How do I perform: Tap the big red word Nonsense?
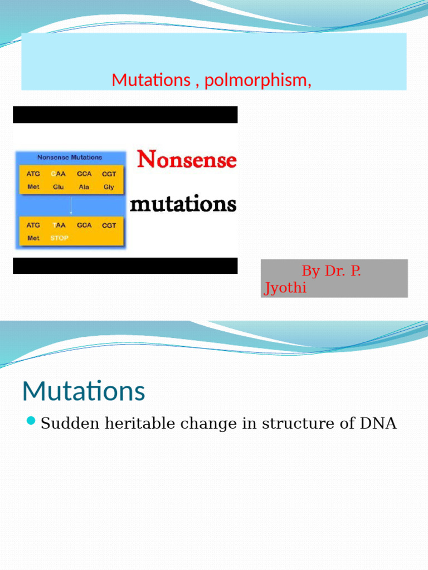[x=187, y=160]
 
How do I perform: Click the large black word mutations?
[x=183, y=204]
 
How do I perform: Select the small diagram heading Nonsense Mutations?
[x=70, y=158]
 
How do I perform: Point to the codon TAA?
[x=59, y=225]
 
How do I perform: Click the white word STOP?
[x=59, y=238]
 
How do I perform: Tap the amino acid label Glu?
[x=59, y=187]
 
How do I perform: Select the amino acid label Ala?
[x=84, y=187]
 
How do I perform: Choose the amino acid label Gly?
[x=109, y=187]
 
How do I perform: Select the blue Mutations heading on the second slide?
[x=84, y=391]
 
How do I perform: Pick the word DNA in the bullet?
[x=378, y=424]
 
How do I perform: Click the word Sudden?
[x=63, y=424]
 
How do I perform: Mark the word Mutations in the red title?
[x=150, y=80]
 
